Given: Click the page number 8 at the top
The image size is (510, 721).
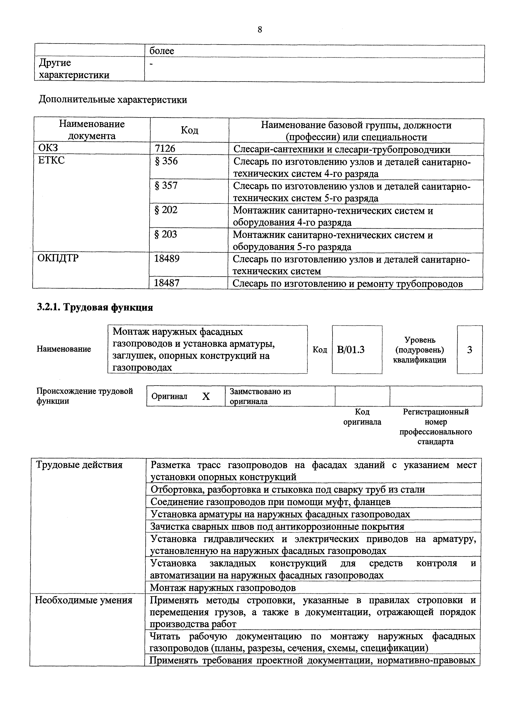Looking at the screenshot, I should [x=259, y=30].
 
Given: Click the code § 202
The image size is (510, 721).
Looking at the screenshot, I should [x=166, y=210].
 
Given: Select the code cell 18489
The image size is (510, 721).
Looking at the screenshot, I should [x=167, y=259].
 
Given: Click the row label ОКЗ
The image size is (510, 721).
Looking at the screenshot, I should [x=48, y=148].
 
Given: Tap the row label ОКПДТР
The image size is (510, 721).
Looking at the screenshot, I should [x=58, y=258].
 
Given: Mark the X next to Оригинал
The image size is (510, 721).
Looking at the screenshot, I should [x=206, y=397].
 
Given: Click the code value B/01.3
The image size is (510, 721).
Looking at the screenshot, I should [x=351, y=350].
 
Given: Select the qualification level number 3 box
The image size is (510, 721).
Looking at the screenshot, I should [x=470, y=350].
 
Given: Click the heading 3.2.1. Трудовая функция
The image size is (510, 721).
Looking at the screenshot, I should [x=95, y=307].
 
